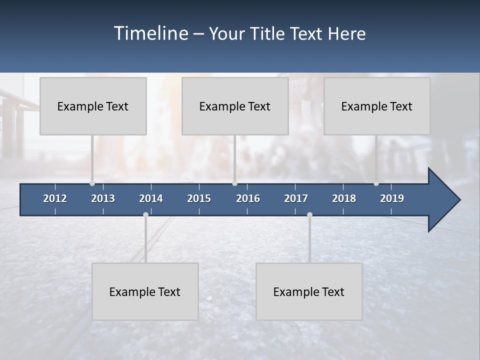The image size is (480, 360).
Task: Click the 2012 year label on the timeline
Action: click(x=55, y=198)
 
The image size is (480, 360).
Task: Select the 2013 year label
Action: click(x=103, y=198)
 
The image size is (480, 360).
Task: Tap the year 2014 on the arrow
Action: click(x=151, y=198)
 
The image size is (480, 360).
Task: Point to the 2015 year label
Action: click(x=199, y=198)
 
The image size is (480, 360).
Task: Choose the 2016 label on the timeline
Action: click(x=248, y=198)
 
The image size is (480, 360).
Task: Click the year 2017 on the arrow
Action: click(x=296, y=198)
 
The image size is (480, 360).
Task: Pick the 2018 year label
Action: click(x=344, y=198)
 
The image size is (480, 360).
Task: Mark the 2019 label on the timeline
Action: click(x=392, y=198)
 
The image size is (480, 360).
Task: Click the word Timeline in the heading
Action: click(x=150, y=33)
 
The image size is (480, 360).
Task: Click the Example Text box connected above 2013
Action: click(x=93, y=106)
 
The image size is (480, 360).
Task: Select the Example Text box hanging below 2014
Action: click(x=145, y=291)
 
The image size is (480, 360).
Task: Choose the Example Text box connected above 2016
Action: click(x=235, y=106)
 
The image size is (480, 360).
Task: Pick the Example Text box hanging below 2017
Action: click(x=309, y=291)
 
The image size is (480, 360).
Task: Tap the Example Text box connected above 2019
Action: click(x=377, y=106)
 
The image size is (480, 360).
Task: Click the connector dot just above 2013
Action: click(x=92, y=183)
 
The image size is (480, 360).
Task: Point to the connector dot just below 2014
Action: click(x=145, y=215)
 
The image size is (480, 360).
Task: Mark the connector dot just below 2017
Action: click(x=309, y=215)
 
